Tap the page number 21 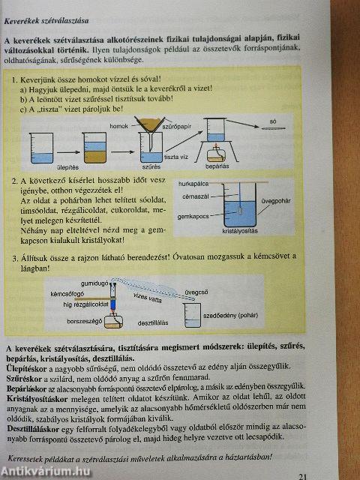click(x=303, y=475)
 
